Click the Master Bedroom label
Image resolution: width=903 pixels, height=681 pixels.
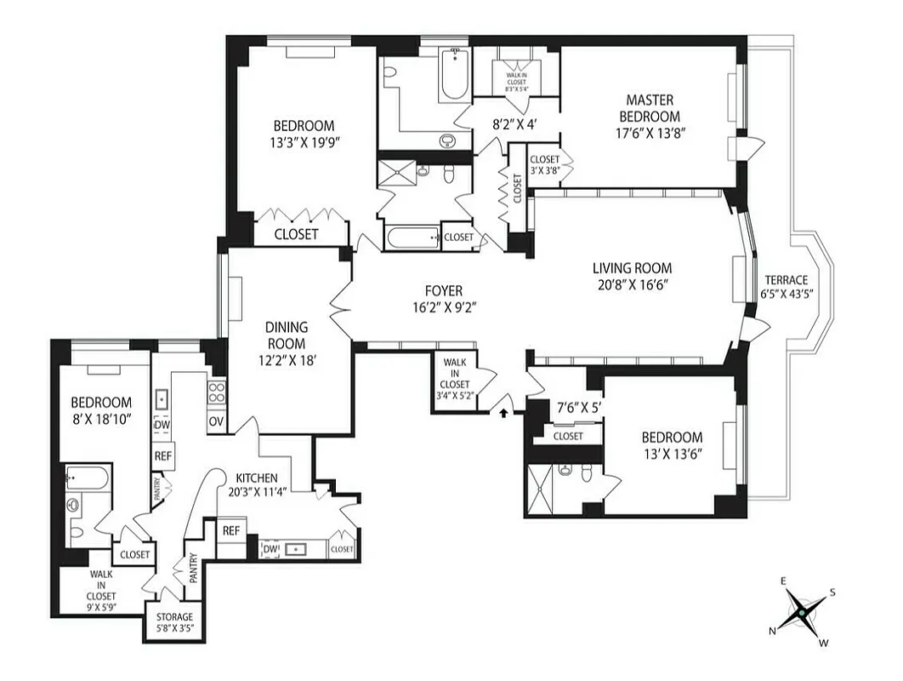click(x=649, y=109)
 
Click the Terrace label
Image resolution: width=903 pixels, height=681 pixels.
click(x=786, y=280)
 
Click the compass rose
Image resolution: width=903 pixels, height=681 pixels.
click(x=800, y=611)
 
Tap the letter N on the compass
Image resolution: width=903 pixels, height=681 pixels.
click(x=772, y=631)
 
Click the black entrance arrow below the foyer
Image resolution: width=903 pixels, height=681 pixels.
click(x=503, y=413)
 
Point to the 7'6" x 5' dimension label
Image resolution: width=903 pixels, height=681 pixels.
click(x=578, y=407)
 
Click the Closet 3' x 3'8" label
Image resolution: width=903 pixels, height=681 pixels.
click(x=544, y=164)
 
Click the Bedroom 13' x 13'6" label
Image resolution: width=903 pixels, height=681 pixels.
click(x=672, y=445)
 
